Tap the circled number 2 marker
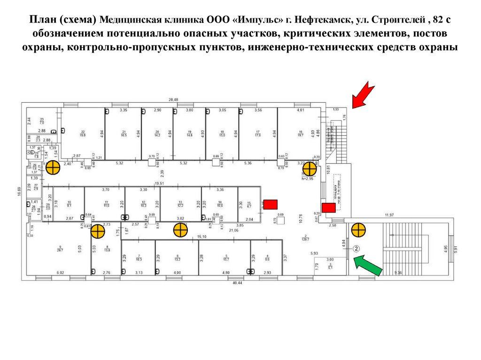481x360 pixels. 357,249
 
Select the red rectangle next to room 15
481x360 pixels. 270,204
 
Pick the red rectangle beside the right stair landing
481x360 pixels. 328,207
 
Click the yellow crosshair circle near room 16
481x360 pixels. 310,169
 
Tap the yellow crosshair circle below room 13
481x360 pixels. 180,230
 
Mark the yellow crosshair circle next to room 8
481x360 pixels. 98,231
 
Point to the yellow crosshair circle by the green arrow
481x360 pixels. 358,230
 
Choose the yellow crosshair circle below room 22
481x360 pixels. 53,167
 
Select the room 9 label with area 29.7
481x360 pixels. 60,249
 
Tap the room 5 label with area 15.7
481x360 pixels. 226,257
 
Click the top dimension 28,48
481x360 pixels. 173,100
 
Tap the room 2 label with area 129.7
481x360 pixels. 305,237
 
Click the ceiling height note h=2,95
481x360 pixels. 307,179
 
